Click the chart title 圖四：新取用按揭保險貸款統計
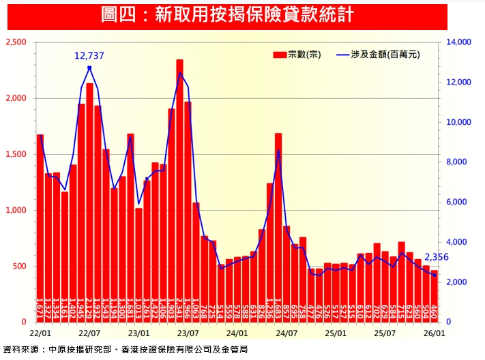pos(227,14)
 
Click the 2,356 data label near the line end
pos(437,257)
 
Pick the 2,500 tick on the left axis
pos(16,42)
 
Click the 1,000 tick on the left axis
pos(16,210)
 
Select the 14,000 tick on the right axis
pos(458,42)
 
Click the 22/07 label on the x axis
pos(89,333)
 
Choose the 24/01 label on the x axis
pos(237,333)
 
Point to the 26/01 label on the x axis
pos(434,333)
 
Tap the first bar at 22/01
pos(40,228)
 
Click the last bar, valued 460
pos(434,296)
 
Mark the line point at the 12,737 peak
pos(89,67)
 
